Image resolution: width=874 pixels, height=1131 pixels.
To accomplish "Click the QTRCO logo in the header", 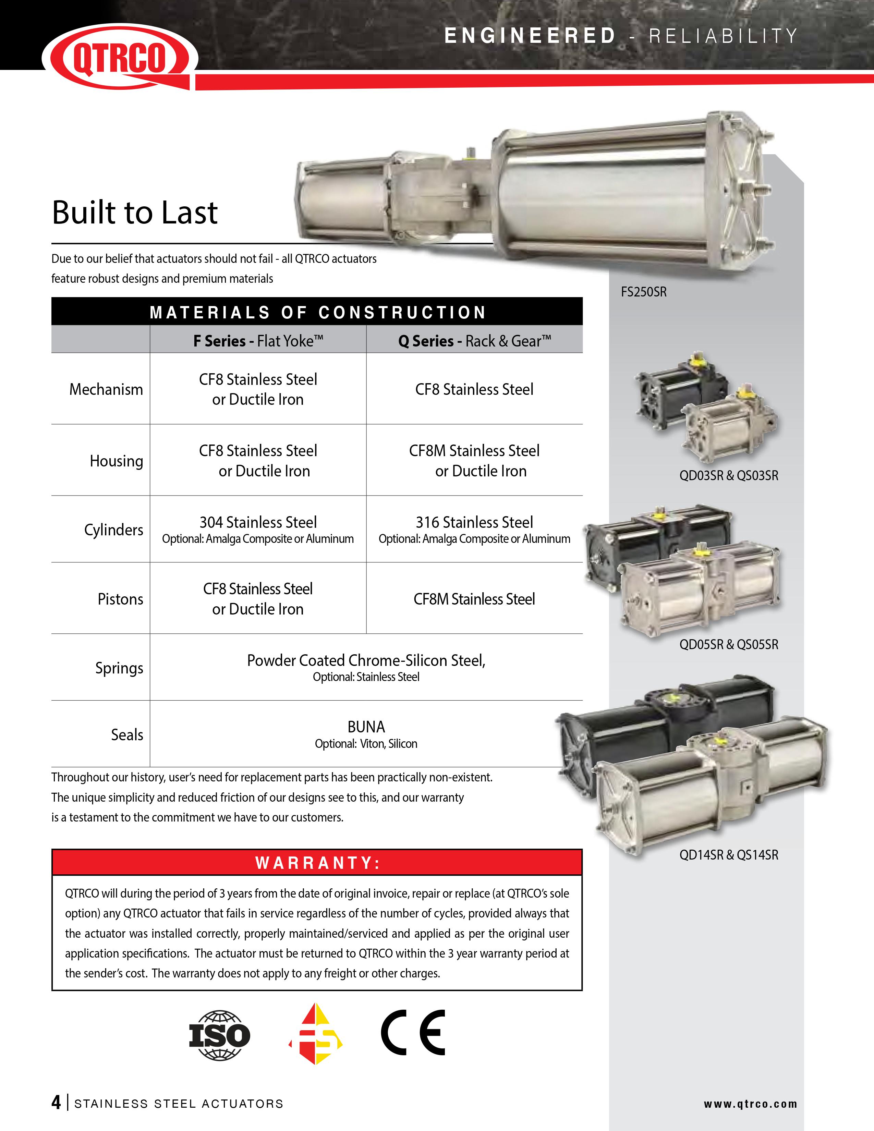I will pyautogui.click(x=120, y=57).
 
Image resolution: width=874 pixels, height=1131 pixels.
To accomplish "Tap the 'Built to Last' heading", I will pyautogui.click(x=135, y=212).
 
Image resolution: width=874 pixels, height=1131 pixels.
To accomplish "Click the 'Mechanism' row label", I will pyautogui.click(x=106, y=389).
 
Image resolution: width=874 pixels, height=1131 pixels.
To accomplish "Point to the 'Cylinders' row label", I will pyautogui.click(x=113, y=530).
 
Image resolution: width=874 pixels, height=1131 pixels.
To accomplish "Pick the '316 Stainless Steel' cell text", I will pyautogui.click(x=474, y=522).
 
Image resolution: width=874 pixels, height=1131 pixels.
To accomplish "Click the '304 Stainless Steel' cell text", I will pyautogui.click(x=258, y=522).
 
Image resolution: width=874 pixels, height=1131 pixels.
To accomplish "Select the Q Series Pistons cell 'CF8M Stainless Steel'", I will pyautogui.click(x=474, y=599).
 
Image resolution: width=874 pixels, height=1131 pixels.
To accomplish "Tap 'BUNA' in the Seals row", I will pyautogui.click(x=366, y=727).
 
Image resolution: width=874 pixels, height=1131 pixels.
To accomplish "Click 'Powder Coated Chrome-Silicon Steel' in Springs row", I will pyautogui.click(x=366, y=660).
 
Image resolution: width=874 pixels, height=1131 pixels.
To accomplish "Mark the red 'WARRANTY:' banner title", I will pyautogui.click(x=317, y=863).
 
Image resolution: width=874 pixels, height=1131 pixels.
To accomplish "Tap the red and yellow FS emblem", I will pyautogui.click(x=315, y=1034).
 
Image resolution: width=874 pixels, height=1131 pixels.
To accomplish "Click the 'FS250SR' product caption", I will pyautogui.click(x=644, y=292).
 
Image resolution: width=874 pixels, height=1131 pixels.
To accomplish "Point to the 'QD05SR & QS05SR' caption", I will pyautogui.click(x=729, y=645).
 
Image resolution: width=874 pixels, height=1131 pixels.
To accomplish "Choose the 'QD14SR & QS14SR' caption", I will pyautogui.click(x=729, y=855).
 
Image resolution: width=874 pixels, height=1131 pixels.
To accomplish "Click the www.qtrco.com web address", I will pyautogui.click(x=750, y=1104).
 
